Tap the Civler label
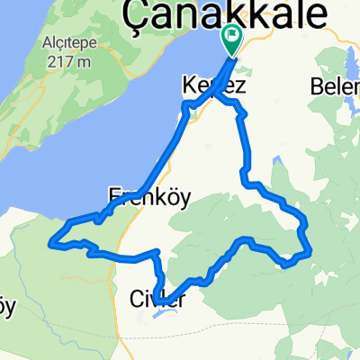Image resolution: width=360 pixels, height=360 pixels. pyautogui.click(x=158, y=297)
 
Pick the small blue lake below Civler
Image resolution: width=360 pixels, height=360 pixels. pyautogui.click(x=166, y=313)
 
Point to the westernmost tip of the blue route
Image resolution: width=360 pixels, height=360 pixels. pyautogui.click(x=51, y=241)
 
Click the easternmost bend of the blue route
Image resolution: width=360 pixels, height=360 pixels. pyautogui.click(x=310, y=251)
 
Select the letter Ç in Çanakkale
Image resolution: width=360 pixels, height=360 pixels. pyautogui.click(x=135, y=15)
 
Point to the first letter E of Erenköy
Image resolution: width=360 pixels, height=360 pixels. pyautogui.click(x=115, y=195)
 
